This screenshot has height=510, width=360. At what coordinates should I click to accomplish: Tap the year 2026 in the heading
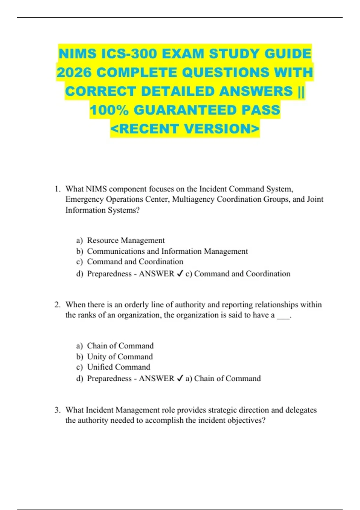pyautogui.click(x=74, y=73)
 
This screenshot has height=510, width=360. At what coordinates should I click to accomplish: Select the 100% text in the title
pyautogui.click(x=109, y=110)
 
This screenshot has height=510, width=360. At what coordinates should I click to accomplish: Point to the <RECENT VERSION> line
pyautogui.click(x=185, y=129)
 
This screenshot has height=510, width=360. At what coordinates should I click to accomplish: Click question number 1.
pyautogui.click(x=58, y=189)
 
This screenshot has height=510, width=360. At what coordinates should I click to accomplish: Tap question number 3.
pyautogui.click(x=58, y=410)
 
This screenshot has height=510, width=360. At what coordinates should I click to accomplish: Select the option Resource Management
pyautogui.click(x=126, y=240)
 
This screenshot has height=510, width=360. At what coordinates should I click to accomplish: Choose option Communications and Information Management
pyautogui.click(x=167, y=251)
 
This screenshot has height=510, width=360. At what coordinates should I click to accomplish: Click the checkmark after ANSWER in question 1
pyautogui.click(x=180, y=274)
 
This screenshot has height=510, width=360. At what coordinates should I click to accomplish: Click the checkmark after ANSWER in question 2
pyautogui.click(x=180, y=379)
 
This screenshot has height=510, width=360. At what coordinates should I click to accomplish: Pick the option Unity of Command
pyautogui.click(x=120, y=356)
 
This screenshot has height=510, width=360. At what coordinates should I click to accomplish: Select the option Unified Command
pyautogui.click(x=118, y=367)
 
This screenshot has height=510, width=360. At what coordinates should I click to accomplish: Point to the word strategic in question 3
pyautogui.click(x=222, y=410)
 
